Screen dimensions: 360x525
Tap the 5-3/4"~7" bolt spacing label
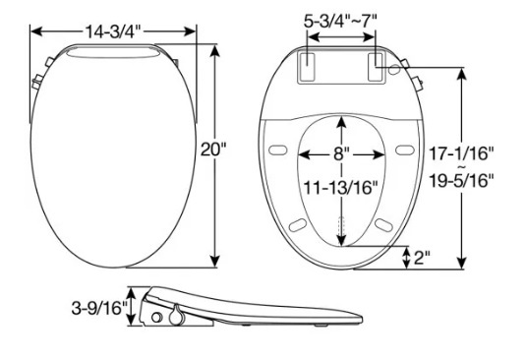click(340, 20)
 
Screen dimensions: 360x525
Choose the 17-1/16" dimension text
click(461, 153)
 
